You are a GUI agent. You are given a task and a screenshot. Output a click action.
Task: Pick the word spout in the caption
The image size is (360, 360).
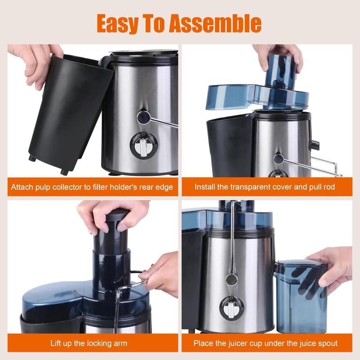(x=326, y=343)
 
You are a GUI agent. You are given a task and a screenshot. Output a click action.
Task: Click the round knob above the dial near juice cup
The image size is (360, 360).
(x=231, y=279)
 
